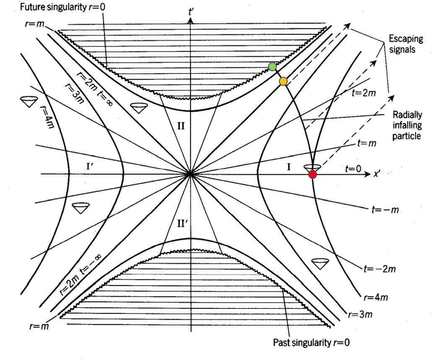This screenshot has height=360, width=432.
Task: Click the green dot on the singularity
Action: click(272, 67)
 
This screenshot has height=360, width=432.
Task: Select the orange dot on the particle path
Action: click(283, 81)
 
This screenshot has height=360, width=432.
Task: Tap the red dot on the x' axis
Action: click(312, 174)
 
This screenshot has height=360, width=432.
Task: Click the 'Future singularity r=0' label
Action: click(62, 7)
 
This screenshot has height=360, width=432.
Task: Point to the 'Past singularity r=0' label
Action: click(311, 342)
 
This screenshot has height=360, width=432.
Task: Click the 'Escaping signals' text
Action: click(406, 44)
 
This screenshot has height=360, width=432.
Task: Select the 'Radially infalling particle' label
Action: click(407, 125)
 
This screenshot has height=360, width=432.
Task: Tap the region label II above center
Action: click(181, 126)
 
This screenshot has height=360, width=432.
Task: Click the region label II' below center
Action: click(182, 224)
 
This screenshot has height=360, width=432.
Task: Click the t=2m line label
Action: click(363, 93)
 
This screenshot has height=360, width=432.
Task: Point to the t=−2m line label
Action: click(380, 269)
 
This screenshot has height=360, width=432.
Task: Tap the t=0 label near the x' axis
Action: click(353, 168)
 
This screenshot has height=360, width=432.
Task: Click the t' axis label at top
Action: click(190, 12)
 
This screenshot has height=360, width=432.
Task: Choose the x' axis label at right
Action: click(377, 174)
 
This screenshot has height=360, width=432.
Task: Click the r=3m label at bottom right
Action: click(360, 314)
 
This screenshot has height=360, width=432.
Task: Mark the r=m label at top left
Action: click(34, 24)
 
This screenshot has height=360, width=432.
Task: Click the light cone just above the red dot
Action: click(312, 167)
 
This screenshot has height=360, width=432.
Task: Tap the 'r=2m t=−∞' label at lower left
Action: click(80, 275)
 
